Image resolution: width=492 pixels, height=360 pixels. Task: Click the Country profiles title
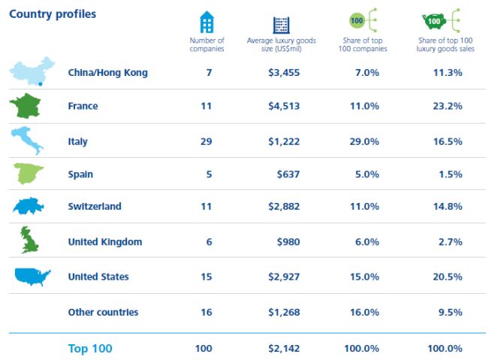(x=53, y=14)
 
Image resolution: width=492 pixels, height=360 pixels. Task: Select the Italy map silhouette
(x=27, y=141)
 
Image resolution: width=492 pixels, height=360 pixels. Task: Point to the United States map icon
(x=32, y=277)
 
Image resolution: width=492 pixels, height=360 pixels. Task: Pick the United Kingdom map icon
(x=29, y=241)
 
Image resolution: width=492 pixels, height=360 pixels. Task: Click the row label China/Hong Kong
(x=107, y=73)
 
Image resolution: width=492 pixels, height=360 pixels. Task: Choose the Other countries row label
(x=103, y=312)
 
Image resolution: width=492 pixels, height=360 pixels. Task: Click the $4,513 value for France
(x=284, y=106)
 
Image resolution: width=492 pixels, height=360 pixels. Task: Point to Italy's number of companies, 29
(x=207, y=141)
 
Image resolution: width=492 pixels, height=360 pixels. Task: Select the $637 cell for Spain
(x=288, y=174)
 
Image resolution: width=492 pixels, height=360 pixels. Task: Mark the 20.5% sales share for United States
(x=448, y=277)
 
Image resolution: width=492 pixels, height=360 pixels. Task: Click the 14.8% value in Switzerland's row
(x=448, y=207)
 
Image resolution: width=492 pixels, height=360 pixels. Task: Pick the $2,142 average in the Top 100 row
(x=284, y=349)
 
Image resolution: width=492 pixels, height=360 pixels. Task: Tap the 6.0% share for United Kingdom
(x=365, y=242)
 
